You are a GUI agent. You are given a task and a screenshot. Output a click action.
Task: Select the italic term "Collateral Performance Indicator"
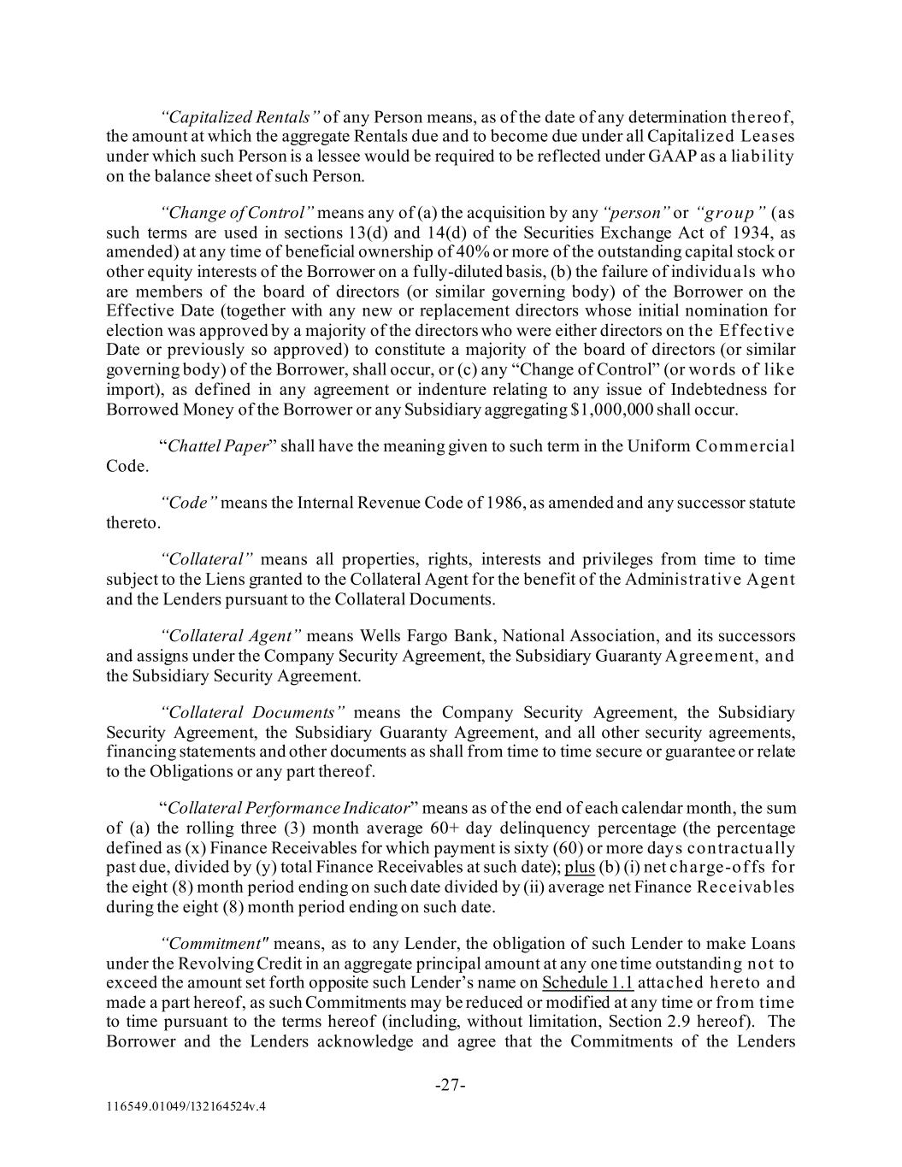point(289,808)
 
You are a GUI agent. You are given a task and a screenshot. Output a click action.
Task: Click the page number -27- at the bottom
point(451,1086)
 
